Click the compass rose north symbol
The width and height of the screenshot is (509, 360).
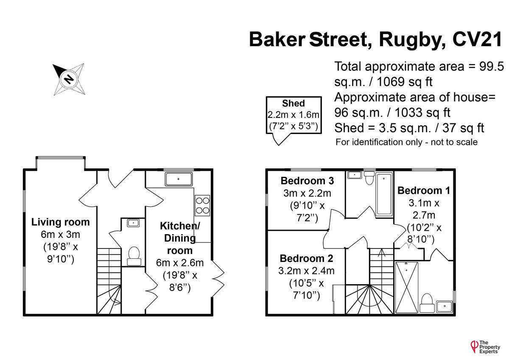[x=68, y=78]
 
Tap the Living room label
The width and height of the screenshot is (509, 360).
[x=61, y=222]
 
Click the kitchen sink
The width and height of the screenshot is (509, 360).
[x=178, y=179]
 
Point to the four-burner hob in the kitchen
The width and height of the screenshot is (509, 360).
[x=202, y=205]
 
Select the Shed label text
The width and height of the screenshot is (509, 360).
[x=294, y=103]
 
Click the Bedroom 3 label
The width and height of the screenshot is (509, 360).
[x=307, y=181]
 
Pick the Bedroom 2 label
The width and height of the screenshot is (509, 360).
[x=306, y=258]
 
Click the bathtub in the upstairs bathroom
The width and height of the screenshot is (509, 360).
[x=384, y=194]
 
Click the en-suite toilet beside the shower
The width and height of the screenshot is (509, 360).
[x=427, y=300]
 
